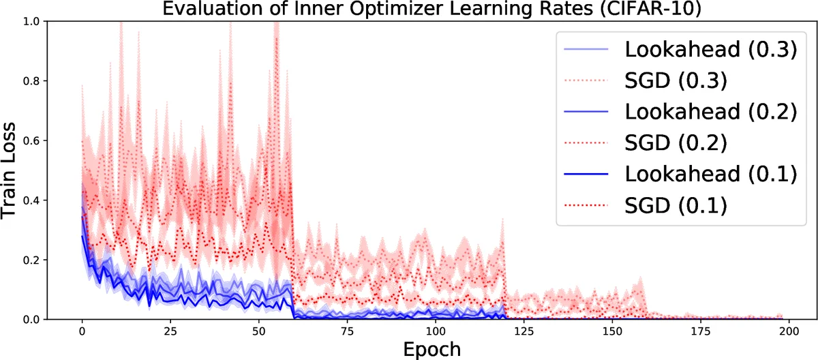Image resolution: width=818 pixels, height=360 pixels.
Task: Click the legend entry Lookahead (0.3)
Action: click(x=710, y=50)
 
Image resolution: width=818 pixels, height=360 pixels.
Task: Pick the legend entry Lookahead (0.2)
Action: click(x=710, y=111)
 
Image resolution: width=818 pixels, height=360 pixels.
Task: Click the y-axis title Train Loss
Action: click(x=12, y=170)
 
